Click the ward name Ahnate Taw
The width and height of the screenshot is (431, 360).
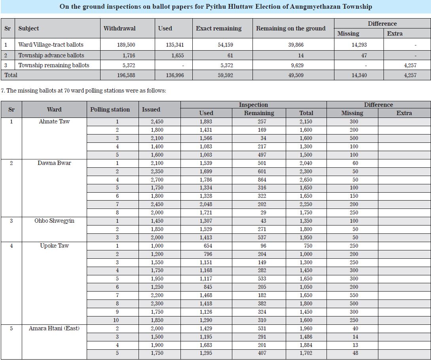click(54, 121)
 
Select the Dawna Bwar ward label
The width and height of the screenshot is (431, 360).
click(54, 163)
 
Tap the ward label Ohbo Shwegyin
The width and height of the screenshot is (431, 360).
click(54, 221)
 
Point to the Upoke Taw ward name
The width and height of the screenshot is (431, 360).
click(54, 246)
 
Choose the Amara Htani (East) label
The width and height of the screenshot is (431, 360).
click(54, 328)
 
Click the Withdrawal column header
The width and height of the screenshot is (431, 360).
click(119, 28)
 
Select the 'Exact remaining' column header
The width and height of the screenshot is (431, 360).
click(218, 28)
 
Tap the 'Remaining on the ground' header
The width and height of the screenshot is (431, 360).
click(290, 28)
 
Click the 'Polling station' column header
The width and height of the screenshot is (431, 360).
click(110, 110)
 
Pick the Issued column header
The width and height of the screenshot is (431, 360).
click(151, 110)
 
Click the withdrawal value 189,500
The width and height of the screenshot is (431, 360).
click(126, 45)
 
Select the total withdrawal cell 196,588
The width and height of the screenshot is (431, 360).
click(126, 75)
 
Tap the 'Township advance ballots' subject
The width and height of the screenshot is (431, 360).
click(51, 55)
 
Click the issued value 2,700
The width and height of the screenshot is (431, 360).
click(157, 180)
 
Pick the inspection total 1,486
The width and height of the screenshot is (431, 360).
click(306, 337)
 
